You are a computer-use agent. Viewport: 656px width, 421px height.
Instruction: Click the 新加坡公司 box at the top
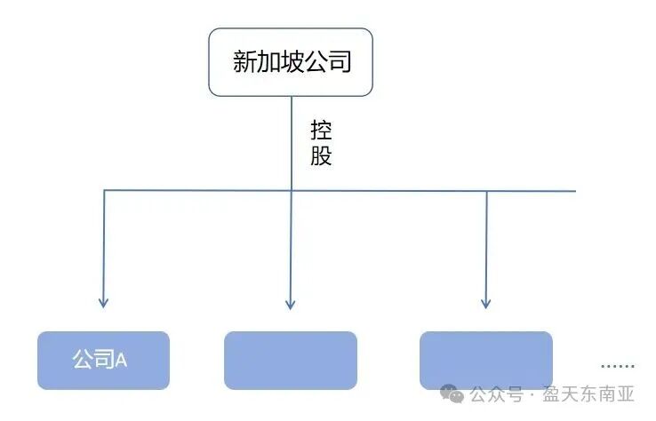[x=291, y=61]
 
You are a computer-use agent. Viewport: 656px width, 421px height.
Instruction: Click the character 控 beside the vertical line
[x=321, y=131]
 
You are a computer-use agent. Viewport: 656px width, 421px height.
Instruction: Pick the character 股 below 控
[x=321, y=156]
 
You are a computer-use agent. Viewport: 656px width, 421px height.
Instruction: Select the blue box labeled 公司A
[x=103, y=360]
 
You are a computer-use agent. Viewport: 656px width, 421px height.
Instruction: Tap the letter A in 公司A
[x=122, y=360]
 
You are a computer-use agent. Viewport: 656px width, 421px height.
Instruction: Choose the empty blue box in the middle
[x=291, y=360]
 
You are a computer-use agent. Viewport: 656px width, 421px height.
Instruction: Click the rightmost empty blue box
[x=486, y=360]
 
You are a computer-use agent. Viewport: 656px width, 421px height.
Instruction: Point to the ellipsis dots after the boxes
[x=617, y=365]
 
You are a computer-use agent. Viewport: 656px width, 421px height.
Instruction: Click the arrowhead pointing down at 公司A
[x=104, y=302]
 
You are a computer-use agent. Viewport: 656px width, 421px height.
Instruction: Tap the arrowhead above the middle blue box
[x=291, y=304]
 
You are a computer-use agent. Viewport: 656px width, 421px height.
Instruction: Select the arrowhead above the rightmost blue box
[x=486, y=304]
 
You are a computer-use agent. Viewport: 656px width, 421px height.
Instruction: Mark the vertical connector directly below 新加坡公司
[x=292, y=142]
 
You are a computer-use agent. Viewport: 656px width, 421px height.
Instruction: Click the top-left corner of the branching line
[x=105, y=191]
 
